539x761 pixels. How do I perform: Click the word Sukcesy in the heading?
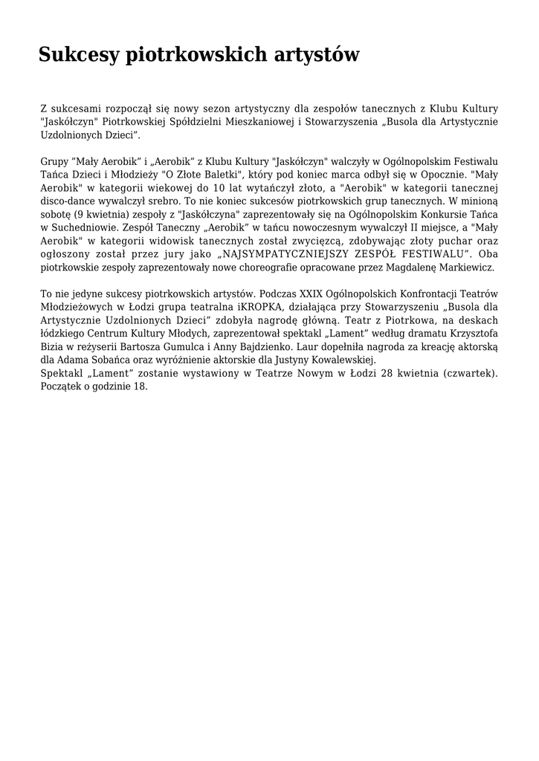click(x=78, y=55)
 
